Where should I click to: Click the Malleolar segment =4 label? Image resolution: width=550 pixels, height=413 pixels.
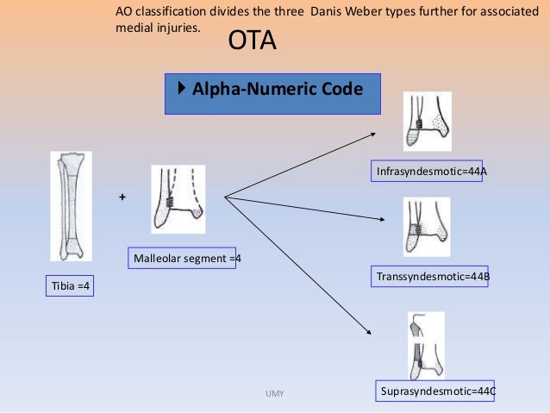pyautogui.click(x=184, y=258)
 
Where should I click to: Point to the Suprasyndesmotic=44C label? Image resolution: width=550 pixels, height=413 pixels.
pyautogui.click(x=437, y=391)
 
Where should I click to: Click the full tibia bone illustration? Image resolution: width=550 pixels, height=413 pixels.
pyautogui.click(x=71, y=207)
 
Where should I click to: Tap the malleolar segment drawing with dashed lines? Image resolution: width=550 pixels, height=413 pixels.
pyautogui.click(x=178, y=199)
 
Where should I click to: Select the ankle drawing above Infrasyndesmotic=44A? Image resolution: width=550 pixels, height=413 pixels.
pyautogui.click(x=428, y=121)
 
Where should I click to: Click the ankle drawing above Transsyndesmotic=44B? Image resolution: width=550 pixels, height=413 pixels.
pyautogui.click(x=427, y=227)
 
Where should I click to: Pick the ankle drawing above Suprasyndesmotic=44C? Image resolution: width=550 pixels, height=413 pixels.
pyautogui.click(x=426, y=344)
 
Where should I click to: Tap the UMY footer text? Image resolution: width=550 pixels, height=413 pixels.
pyautogui.click(x=275, y=394)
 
